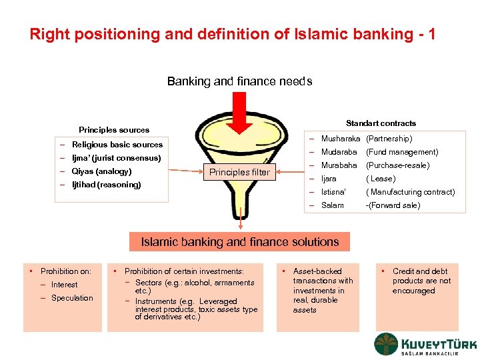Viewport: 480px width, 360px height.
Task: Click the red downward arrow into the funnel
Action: click(x=240, y=114)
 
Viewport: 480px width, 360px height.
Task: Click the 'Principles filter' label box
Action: click(x=239, y=172)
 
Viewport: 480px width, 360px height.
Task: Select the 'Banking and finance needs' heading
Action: click(x=239, y=81)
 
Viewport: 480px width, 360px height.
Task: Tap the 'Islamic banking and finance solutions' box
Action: click(x=240, y=242)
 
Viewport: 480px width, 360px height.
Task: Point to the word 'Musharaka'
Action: click(x=341, y=139)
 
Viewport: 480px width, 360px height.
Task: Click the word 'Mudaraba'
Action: click(x=339, y=152)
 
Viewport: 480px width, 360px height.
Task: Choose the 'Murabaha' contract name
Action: click(x=339, y=165)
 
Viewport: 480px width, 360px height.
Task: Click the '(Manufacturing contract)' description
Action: click(x=410, y=192)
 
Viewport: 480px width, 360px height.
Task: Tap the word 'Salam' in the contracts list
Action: click(x=333, y=205)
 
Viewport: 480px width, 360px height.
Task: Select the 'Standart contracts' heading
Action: click(x=381, y=123)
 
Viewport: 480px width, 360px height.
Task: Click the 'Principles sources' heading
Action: click(x=114, y=129)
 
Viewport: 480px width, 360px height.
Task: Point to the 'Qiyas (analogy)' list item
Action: click(x=101, y=171)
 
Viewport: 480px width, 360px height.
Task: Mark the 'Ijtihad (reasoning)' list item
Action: click(x=106, y=185)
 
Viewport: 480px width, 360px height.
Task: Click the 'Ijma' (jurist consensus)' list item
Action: click(x=116, y=158)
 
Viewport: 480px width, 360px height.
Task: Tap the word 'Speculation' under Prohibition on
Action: click(x=72, y=298)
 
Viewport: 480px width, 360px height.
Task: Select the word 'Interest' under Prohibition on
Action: click(x=64, y=285)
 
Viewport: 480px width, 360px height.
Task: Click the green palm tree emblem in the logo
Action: click(x=386, y=345)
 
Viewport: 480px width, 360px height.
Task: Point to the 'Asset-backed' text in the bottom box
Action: click(x=317, y=271)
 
